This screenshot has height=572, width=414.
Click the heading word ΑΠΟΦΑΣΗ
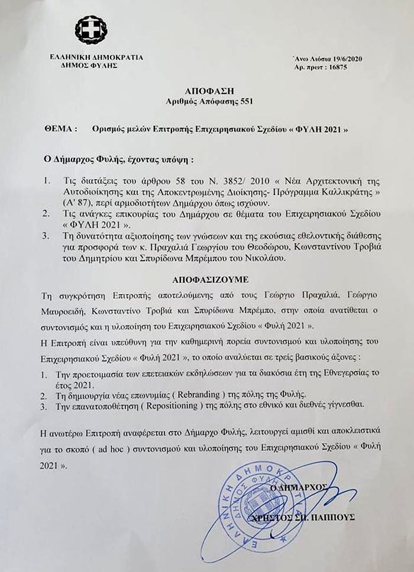click(209, 91)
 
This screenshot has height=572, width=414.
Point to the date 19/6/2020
click(339, 60)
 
